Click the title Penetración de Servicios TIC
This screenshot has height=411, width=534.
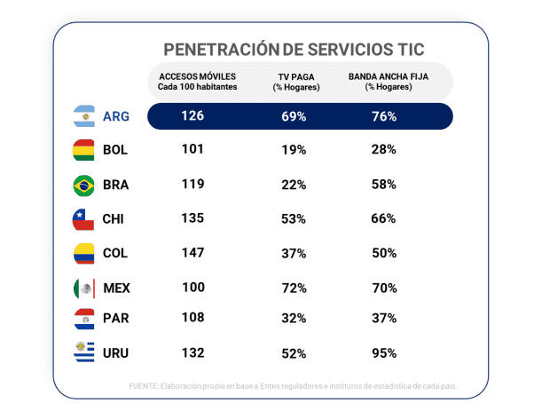(x=294, y=49)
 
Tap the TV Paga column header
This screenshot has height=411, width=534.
(x=289, y=82)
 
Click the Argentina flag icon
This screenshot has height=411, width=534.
(x=83, y=116)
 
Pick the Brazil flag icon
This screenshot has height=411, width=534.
(x=83, y=185)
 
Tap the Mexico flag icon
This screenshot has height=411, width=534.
(x=83, y=287)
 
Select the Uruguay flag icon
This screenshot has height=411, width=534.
(x=83, y=352)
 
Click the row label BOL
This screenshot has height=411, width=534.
(x=115, y=150)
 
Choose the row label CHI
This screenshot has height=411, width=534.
(x=114, y=218)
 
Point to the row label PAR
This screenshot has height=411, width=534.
(x=115, y=320)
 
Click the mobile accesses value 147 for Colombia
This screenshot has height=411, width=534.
(x=193, y=252)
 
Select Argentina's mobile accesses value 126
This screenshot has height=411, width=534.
(x=193, y=116)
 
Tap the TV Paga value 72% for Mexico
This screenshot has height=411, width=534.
(x=294, y=287)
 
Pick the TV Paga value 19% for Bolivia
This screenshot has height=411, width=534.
(x=294, y=150)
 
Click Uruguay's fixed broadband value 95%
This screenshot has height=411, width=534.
(x=384, y=352)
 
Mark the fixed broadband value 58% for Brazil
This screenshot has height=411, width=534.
(x=384, y=185)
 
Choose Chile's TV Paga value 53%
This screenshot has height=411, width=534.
(x=294, y=218)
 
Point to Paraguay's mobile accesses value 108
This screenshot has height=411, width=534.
(x=193, y=320)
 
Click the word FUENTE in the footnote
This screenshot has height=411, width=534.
(x=144, y=386)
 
